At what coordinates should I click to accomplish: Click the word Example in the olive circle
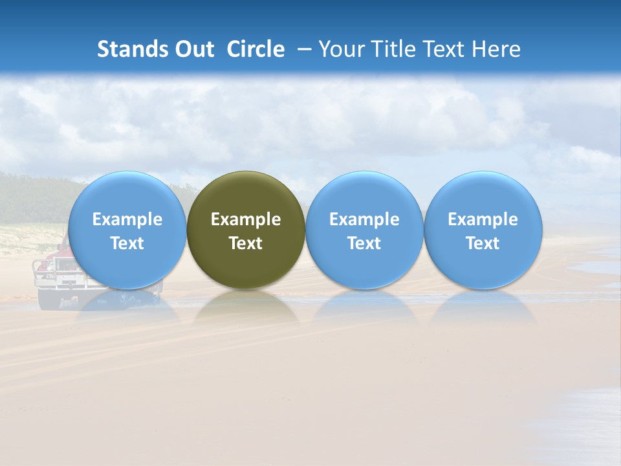pos(246,219)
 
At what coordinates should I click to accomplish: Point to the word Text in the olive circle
pos(246,243)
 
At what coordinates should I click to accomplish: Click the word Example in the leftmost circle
pos(127,219)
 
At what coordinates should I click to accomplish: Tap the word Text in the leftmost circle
pos(127,243)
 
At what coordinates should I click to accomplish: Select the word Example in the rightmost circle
pos(483,219)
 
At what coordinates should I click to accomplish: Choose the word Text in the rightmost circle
pos(483,243)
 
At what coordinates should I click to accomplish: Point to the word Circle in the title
pos(256,49)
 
